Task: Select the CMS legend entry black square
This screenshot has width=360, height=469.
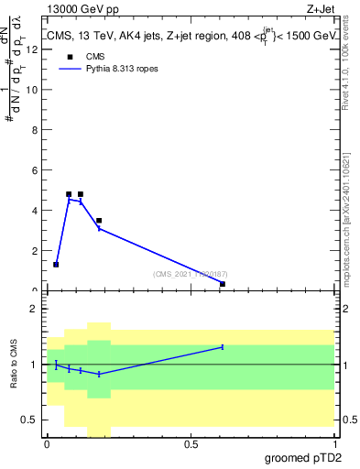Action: pos(69,55)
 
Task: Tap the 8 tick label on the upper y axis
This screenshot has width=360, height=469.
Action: pos(36,129)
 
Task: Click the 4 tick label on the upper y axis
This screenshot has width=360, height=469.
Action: pos(36,210)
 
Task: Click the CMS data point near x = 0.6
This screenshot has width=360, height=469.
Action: pos(223,284)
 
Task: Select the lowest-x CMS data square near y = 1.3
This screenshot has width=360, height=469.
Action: pos(56,264)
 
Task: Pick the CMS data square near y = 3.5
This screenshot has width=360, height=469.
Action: pos(99,221)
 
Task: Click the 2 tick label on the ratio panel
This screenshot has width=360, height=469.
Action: pos(36,309)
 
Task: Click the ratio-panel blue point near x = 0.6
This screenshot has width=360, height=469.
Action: pos(223,347)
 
